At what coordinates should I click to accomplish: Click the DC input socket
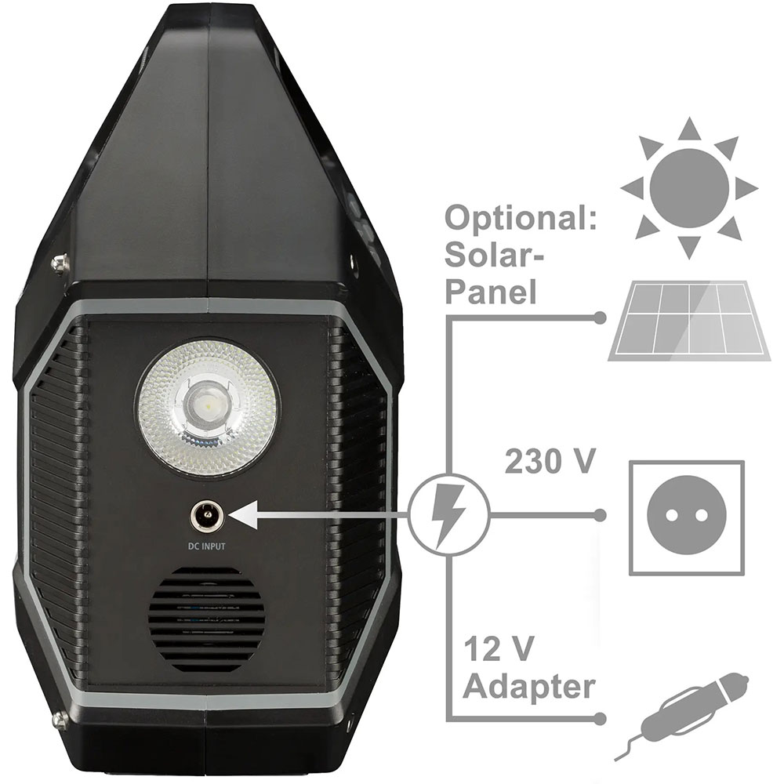(207, 515)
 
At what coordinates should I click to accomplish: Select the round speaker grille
(206, 615)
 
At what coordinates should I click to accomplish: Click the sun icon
(689, 188)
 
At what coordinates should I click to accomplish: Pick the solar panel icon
(689, 321)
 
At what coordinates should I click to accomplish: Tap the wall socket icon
(686, 517)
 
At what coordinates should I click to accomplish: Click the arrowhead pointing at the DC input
(244, 515)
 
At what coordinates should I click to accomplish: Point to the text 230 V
(550, 460)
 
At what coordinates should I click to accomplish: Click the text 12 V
(499, 648)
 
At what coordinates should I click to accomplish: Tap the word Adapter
(529, 687)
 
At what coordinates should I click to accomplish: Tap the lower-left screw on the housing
(60, 720)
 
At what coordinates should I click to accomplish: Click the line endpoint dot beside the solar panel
(600, 318)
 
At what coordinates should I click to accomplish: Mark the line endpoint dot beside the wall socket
(600, 515)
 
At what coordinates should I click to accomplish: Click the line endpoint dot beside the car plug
(600, 718)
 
